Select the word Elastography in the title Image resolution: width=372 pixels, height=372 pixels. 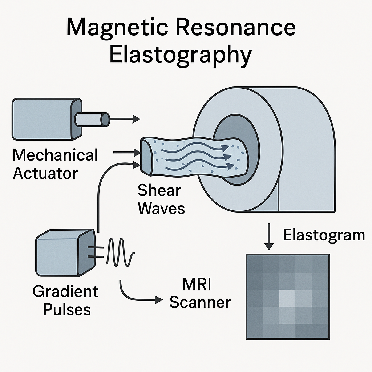(181, 55)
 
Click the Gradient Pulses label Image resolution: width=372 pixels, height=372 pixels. (65, 300)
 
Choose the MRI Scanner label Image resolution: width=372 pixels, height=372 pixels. (200, 293)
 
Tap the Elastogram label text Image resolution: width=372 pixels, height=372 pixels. (324, 235)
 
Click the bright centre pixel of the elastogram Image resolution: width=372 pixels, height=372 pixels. (287, 298)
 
